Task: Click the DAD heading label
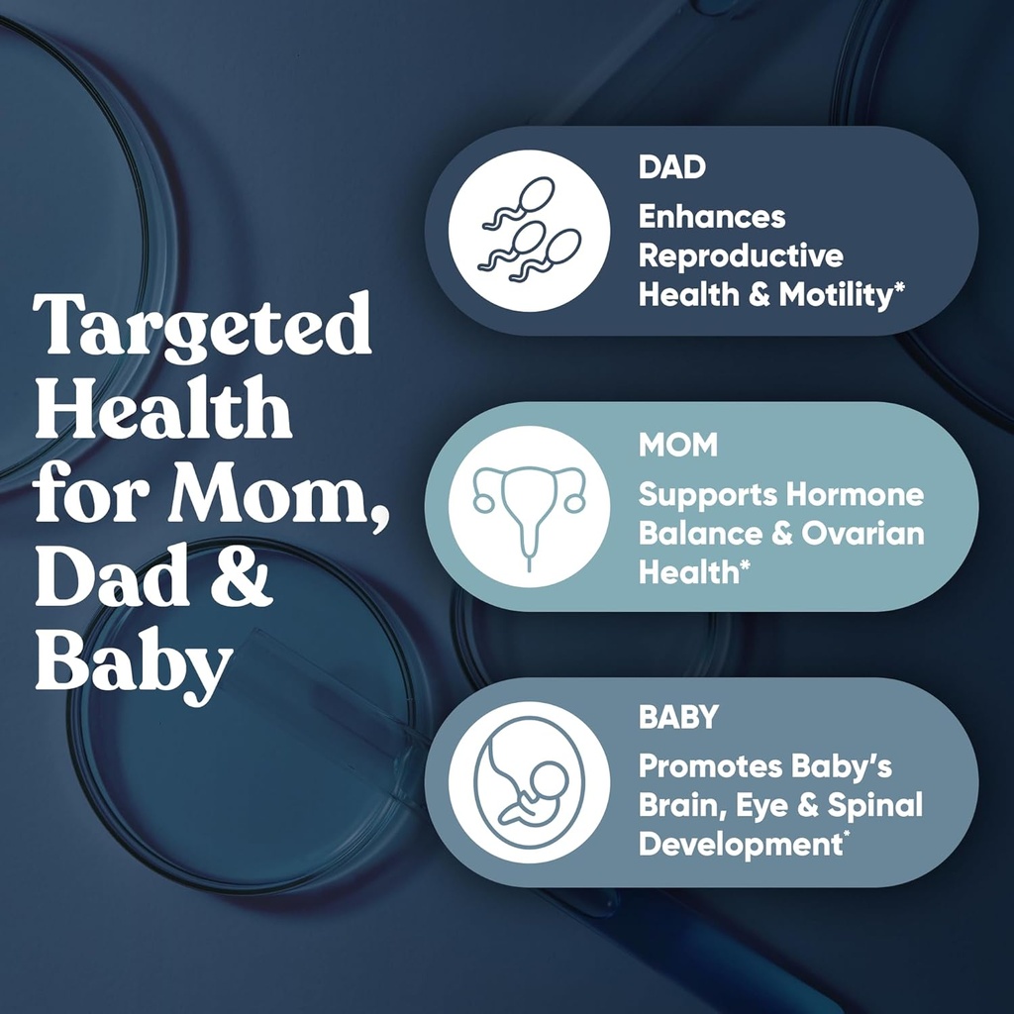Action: point(671,166)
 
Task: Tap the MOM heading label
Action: point(677,445)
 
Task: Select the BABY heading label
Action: point(677,717)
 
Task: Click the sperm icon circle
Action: point(529,231)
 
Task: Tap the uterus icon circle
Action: point(529,506)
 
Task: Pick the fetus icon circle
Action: point(529,782)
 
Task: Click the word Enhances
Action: point(711,217)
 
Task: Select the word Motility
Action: point(834,295)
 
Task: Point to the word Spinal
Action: point(876,805)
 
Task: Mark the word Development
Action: point(733,845)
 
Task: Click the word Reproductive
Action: point(741,255)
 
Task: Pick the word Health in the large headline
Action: point(162,411)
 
